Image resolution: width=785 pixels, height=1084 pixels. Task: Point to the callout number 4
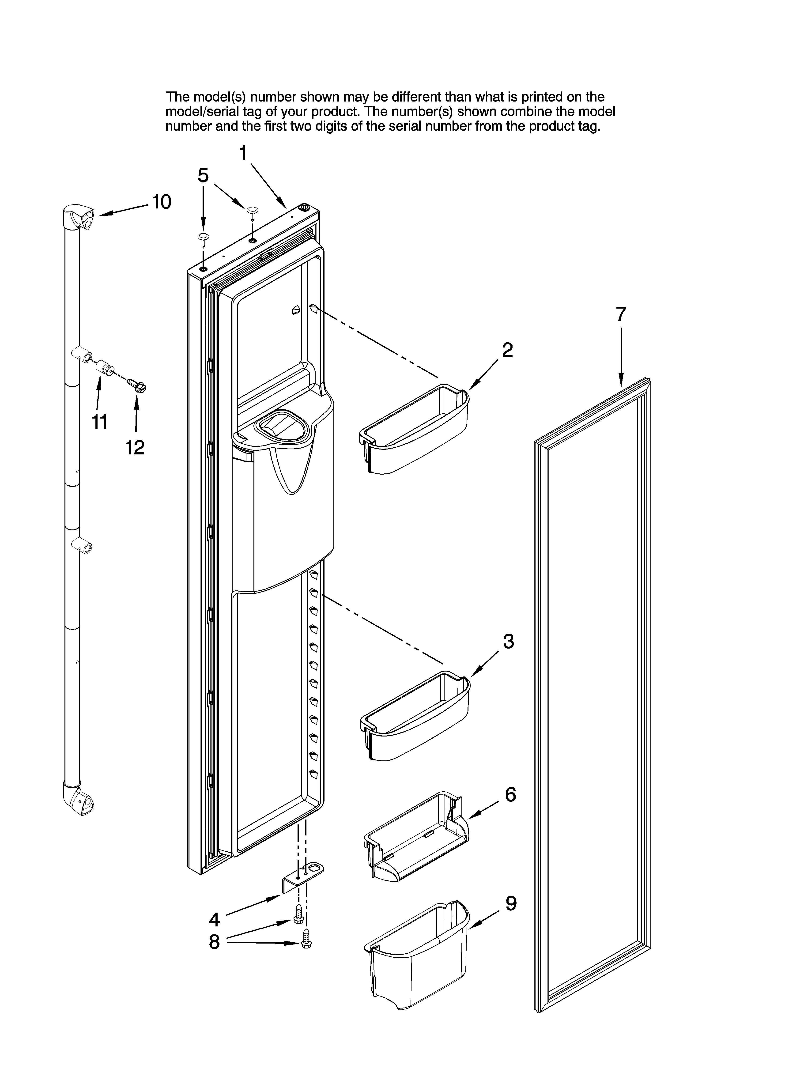[214, 919]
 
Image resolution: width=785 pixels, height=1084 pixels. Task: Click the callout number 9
[511, 904]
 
